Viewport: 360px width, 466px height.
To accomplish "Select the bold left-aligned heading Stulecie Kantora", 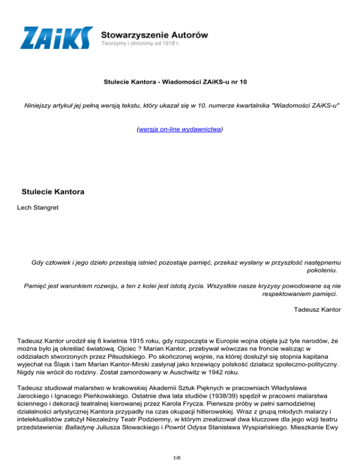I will (52, 192).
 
